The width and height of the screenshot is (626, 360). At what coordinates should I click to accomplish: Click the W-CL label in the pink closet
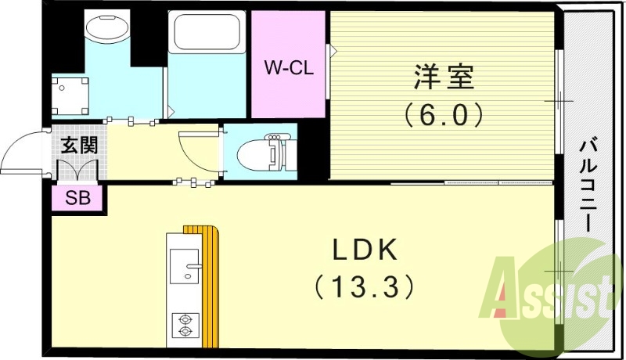(287, 68)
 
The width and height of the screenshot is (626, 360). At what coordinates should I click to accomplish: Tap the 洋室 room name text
(443, 78)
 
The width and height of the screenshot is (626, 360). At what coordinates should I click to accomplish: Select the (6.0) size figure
(443, 115)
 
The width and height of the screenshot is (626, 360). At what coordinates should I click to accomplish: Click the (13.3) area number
(365, 287)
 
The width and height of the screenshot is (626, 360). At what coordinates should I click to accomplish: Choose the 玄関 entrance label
(79, 146)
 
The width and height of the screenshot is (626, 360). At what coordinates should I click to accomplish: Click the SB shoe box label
(77, 199)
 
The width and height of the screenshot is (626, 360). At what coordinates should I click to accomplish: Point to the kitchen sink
(185, 270)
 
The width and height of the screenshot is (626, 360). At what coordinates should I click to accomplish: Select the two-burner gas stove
(185, 325)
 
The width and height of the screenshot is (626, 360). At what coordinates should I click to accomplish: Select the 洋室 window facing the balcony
(559, 102)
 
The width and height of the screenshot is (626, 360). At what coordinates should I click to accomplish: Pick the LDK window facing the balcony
(559, 270)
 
